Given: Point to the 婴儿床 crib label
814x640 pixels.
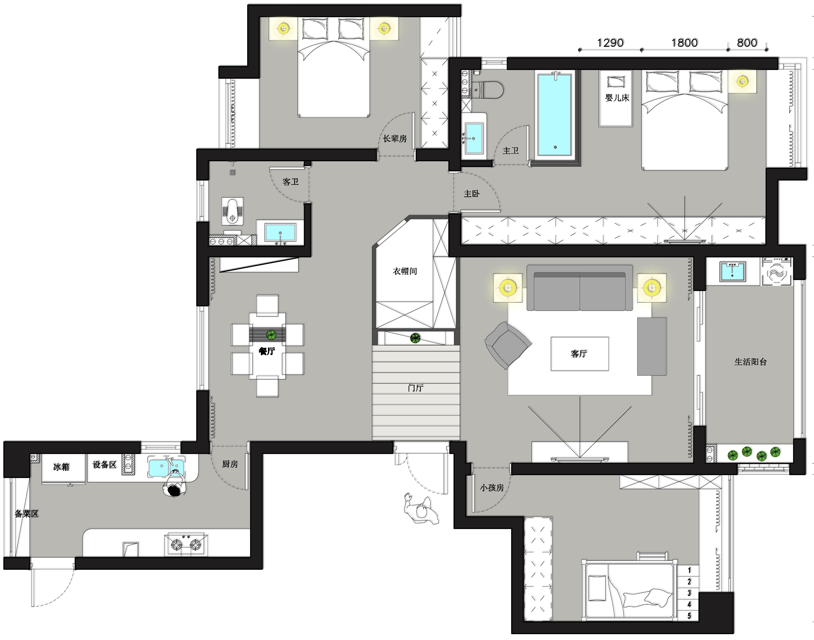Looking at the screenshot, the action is (617, 98).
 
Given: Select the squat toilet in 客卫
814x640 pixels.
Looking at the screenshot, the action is (232, 211).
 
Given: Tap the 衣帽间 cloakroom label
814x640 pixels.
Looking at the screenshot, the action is (405, 271).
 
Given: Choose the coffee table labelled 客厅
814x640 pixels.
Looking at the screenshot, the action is (579, 354).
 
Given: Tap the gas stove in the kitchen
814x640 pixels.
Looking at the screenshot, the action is (186, 544).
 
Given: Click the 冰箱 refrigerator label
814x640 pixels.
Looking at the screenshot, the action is (61, 467).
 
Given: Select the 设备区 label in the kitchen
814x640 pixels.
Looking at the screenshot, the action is (104, 465).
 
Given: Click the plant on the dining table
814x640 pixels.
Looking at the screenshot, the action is (271, 335).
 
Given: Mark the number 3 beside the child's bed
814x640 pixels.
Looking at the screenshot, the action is (689, 593).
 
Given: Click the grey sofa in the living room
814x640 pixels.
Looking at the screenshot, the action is (580, 288).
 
